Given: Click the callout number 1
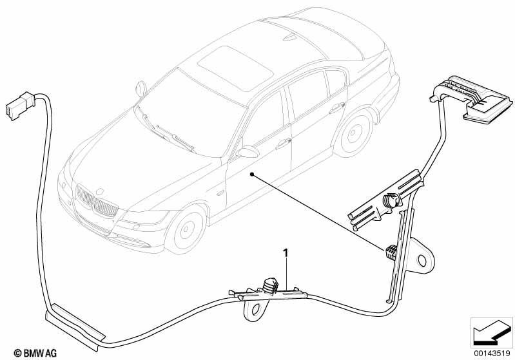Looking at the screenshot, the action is click(286, 253).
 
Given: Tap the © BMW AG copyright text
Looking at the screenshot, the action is click(35, 353).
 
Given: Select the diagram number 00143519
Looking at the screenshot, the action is click(491, 353).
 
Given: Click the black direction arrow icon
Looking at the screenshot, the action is click(491, 332).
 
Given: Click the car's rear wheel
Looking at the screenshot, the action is click(353, 133).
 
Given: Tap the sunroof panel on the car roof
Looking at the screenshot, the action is click(235, 68).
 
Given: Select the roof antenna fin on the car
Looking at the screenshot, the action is click(289, 37).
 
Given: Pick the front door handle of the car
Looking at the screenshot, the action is click(283, 142).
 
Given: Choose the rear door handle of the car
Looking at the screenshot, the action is click(337, 108).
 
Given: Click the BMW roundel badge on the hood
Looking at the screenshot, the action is click(99, 191).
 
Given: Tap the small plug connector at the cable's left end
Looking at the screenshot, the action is click(21, 105).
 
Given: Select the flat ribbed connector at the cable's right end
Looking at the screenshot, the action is click(471, 98).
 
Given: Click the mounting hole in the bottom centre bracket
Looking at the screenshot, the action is click(256, 308).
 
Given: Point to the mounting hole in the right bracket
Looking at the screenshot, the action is click(422, 261).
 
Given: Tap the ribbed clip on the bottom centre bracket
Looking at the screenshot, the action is click(269, 285).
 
